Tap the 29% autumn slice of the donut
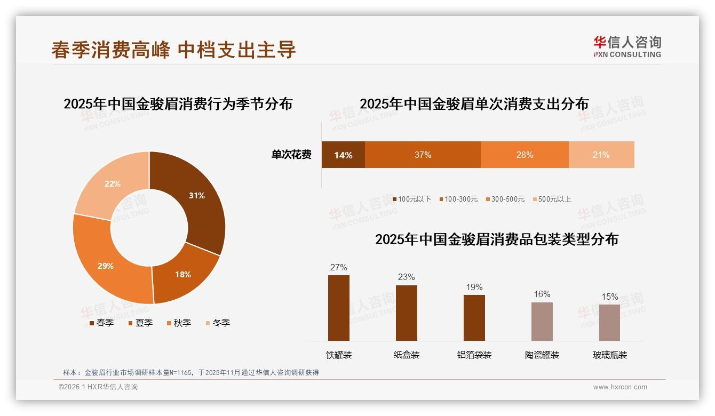(x=106, y=266)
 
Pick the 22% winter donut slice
(x=112, y=184)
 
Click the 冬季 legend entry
(x=218, y=323)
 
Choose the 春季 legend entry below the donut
(x=101, y=323)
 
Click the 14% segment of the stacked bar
(x=343, y=155)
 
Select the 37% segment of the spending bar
(x=423, y=155)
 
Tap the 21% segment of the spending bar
(x=601, y=155)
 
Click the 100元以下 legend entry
(x=411, y=199)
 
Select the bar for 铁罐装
(x=339, y=308)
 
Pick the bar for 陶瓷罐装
(x=542, y=322)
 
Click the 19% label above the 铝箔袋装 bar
(x=474, y=287)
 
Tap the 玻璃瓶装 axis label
(x=610, y=355)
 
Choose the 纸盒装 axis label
(x=407, y=355)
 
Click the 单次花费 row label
(x=291, y=155)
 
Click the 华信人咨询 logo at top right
(x=627, y=46)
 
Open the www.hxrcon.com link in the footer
(x=620, y=387)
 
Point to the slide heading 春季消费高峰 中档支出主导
(x=173, y=50)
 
